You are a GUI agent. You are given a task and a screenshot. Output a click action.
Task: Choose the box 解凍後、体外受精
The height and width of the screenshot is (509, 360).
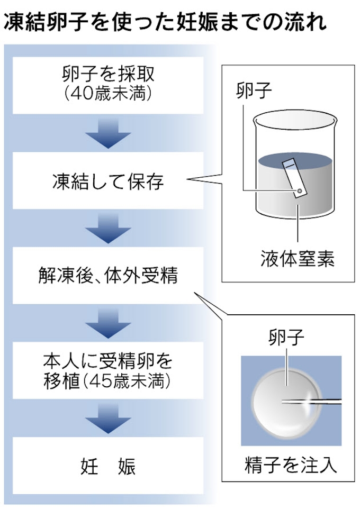108,276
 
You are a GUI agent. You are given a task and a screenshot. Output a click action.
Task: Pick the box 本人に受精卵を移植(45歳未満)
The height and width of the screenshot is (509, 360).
108,371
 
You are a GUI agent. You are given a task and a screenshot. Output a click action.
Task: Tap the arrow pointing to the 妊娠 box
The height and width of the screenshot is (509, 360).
108,419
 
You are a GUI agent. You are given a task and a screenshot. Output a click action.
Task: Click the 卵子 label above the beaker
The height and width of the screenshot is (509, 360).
254,90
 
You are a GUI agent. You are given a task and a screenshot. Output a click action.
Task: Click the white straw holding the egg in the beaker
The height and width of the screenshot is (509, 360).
294,177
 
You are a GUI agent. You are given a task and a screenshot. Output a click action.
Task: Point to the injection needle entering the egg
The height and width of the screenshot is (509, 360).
312,401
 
